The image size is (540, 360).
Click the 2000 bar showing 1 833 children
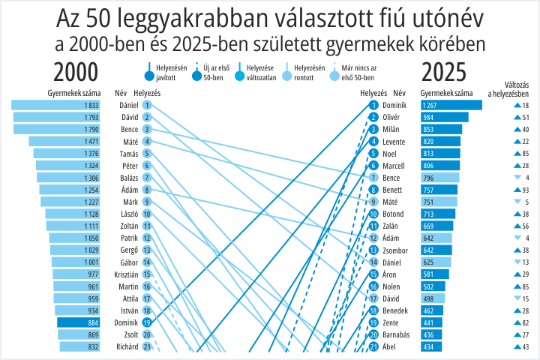(x=55, y=105)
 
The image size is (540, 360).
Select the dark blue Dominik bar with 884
(x=79, y=322)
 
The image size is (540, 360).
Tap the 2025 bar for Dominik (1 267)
(x=451, y=105)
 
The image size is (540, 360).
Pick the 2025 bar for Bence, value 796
(x=440, y=178)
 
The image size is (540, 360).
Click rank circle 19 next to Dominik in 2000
(x=147, y=322)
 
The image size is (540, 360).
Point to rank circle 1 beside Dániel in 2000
(x=147, y=105)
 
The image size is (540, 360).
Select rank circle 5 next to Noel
(x=373, y=154)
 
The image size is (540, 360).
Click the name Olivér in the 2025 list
(x=391, y=117)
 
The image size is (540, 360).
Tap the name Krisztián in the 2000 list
(x=127, y=274)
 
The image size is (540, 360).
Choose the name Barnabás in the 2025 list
(x=396, y=334)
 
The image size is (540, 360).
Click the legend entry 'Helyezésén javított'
(x=166, y=72)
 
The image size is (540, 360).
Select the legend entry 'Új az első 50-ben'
(x=211, y=72)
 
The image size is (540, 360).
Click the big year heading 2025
(x=444, y=72)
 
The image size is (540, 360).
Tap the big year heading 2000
(x=76, y=72)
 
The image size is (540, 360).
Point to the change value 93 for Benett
(x=526, y=190)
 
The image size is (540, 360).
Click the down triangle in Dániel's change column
(x=517, y=262)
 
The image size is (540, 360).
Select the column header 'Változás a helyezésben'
(x=508, y=89)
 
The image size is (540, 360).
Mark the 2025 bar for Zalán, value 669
(x=437, y=226)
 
